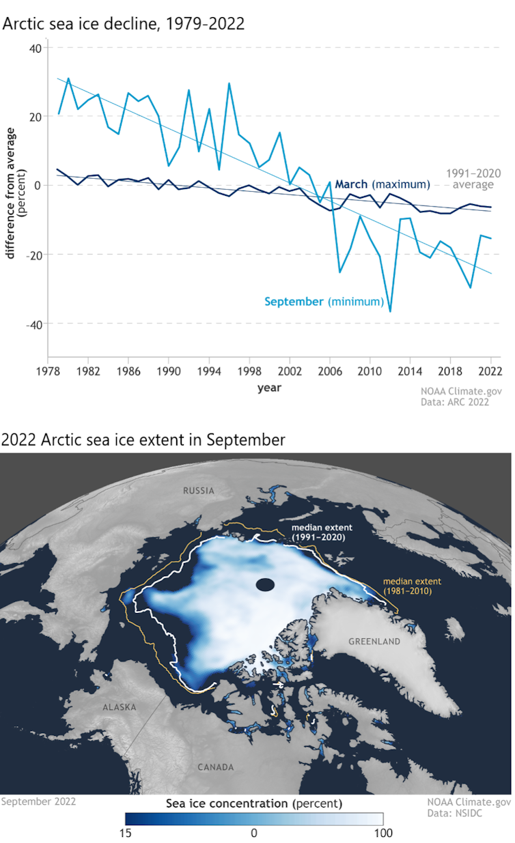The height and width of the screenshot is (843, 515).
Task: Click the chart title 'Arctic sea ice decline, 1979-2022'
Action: coord(124,24)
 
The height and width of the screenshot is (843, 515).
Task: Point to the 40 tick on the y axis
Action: coord(35,48)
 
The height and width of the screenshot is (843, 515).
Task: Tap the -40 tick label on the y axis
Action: coord(33,324)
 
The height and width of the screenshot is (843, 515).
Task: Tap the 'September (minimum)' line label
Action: coord(324,301)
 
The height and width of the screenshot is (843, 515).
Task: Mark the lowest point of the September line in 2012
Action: coord(390,311)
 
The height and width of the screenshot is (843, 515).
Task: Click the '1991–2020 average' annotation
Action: coord(470,179)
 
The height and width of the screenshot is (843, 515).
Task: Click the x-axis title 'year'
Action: coord(269,388)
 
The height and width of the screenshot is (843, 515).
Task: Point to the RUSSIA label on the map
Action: coord(199,490)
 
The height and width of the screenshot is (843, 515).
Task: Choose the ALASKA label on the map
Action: coord(120,707)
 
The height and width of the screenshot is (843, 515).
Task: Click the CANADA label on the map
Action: coord(215,767)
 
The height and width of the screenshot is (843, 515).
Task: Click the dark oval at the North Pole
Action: coord(265,584)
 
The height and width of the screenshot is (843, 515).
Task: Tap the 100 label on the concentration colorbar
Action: coord(382,833)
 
